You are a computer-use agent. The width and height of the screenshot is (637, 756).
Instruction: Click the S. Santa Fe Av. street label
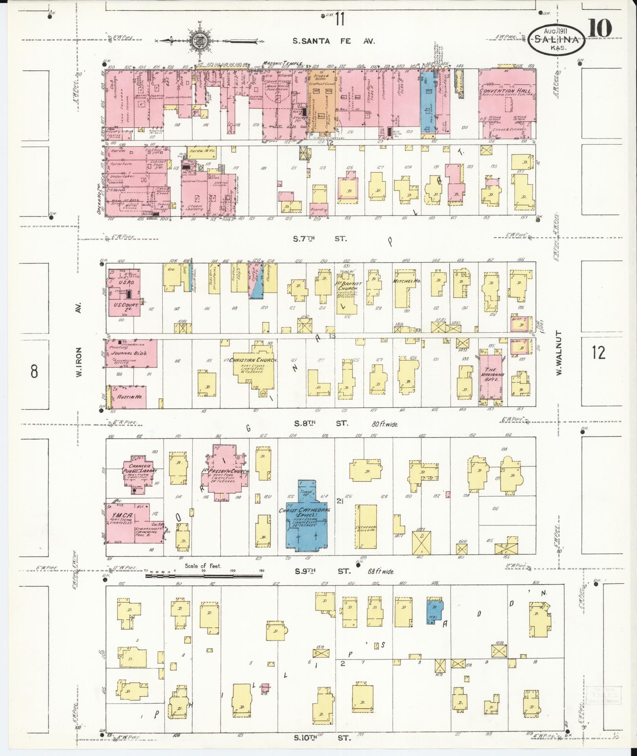pyautogui.click(x=334, y=41)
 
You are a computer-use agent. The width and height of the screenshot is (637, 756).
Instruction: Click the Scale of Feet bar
pyautogui.click(x=204, y=576)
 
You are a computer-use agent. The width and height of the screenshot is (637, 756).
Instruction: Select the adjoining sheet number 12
pyautogui.click(x=598, y=352)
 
